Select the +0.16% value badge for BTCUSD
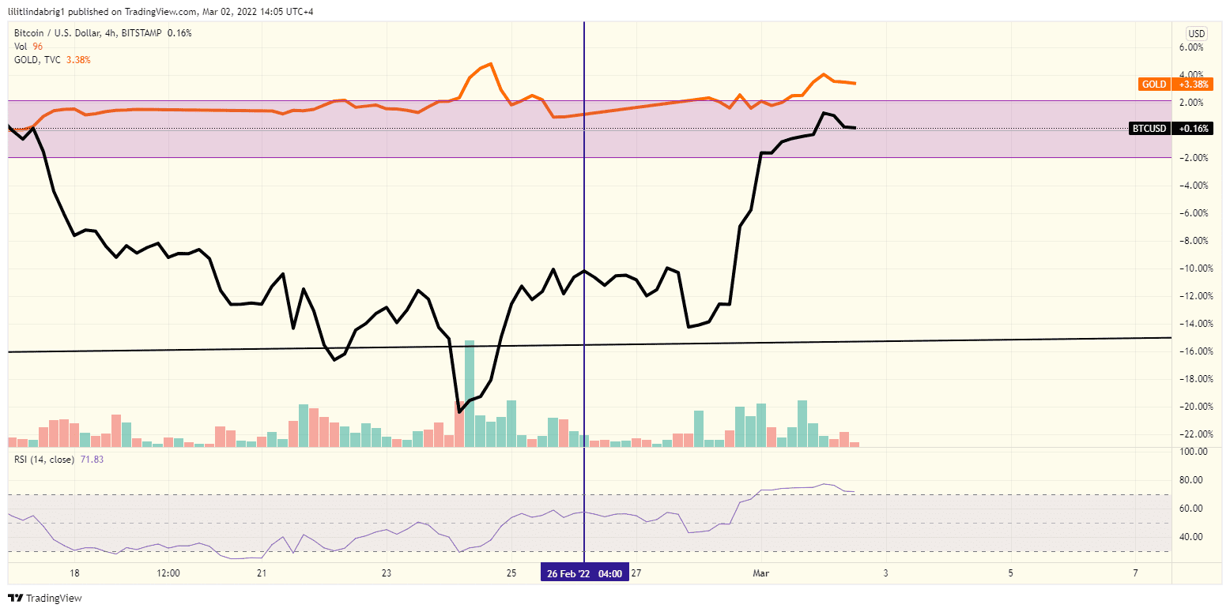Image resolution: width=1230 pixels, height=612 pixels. [1194, 128]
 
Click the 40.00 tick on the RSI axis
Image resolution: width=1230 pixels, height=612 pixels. [1192, 537]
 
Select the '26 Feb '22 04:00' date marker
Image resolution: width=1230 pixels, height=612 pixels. [584, 574]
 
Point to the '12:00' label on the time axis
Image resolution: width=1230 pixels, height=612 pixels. [168, 574]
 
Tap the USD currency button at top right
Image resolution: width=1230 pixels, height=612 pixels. [1197, 33]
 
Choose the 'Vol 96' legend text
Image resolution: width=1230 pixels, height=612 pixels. [28, 47]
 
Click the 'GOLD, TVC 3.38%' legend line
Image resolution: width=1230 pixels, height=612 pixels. [52, 59]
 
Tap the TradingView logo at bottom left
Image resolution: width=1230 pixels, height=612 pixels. [45, 598]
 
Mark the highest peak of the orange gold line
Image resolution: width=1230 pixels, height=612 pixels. [491, 63]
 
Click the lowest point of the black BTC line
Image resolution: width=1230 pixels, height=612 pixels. [460, 411]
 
